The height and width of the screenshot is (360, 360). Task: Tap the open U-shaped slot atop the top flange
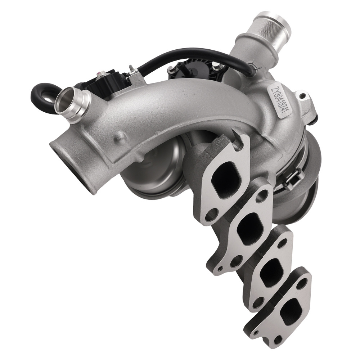(x=238, y=144)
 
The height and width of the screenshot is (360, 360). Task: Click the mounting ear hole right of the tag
(x=302, y=96)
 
